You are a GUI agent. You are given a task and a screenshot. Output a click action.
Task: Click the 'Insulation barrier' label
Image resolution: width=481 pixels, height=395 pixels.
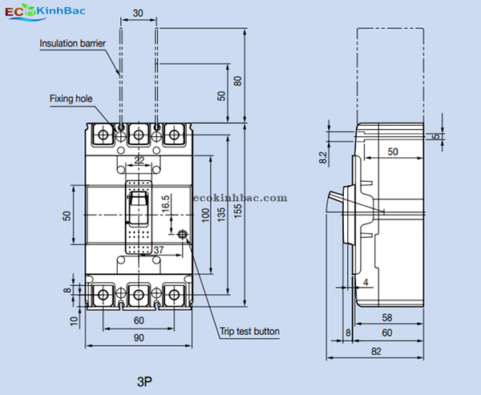click(73, 43)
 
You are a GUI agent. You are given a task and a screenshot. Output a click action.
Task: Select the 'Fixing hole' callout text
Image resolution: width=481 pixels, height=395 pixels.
click(71, 99)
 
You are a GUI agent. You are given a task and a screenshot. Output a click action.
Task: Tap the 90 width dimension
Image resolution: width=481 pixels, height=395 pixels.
click(139, 338)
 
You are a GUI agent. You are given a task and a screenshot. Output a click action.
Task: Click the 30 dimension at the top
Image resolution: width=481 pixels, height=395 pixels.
click(139, 13)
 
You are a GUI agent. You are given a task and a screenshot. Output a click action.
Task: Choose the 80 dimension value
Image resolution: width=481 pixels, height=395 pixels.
click(237, 82)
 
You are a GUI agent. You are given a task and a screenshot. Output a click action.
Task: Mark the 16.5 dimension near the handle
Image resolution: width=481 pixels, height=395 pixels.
click(165, 203)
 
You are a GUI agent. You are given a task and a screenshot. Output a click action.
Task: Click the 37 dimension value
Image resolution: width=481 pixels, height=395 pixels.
click(159, 251)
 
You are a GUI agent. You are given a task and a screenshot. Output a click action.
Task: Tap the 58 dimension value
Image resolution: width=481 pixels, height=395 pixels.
click(387, 318)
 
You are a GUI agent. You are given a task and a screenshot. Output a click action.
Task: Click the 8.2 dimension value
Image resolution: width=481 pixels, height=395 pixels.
click(323, 158)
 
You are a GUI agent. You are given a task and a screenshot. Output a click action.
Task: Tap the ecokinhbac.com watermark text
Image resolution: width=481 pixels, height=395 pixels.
click(240, 197)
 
